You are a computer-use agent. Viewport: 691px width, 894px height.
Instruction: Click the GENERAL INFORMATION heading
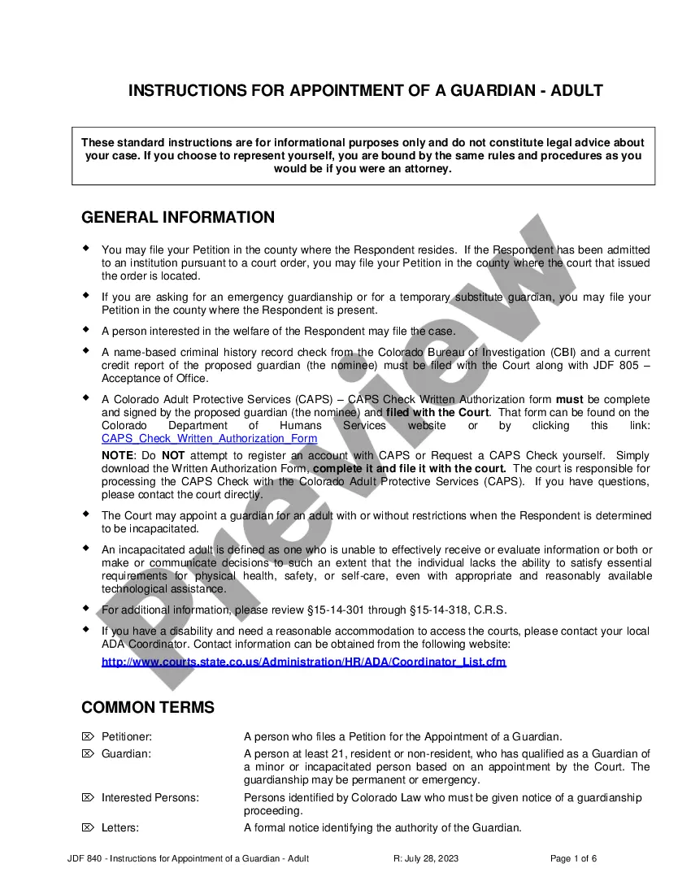178,217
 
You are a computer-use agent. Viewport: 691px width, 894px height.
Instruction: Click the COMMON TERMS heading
148,707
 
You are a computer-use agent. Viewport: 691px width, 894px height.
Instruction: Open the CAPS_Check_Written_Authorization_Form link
209,438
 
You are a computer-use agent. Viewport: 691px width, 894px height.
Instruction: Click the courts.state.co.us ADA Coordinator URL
303,662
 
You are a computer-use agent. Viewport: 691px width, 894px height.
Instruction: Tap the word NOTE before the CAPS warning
116,456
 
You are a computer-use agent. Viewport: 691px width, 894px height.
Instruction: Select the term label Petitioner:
127,736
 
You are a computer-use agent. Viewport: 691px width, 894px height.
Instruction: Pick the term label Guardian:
126,754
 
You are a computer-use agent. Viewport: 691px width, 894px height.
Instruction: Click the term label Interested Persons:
150,797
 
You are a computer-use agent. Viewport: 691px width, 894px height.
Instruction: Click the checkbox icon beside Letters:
88,828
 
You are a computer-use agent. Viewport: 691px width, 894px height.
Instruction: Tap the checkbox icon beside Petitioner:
88,736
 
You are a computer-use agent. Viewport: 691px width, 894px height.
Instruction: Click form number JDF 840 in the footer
85,859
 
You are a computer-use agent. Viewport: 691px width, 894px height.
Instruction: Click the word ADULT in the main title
576,90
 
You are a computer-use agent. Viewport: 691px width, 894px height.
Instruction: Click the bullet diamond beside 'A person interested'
86,329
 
